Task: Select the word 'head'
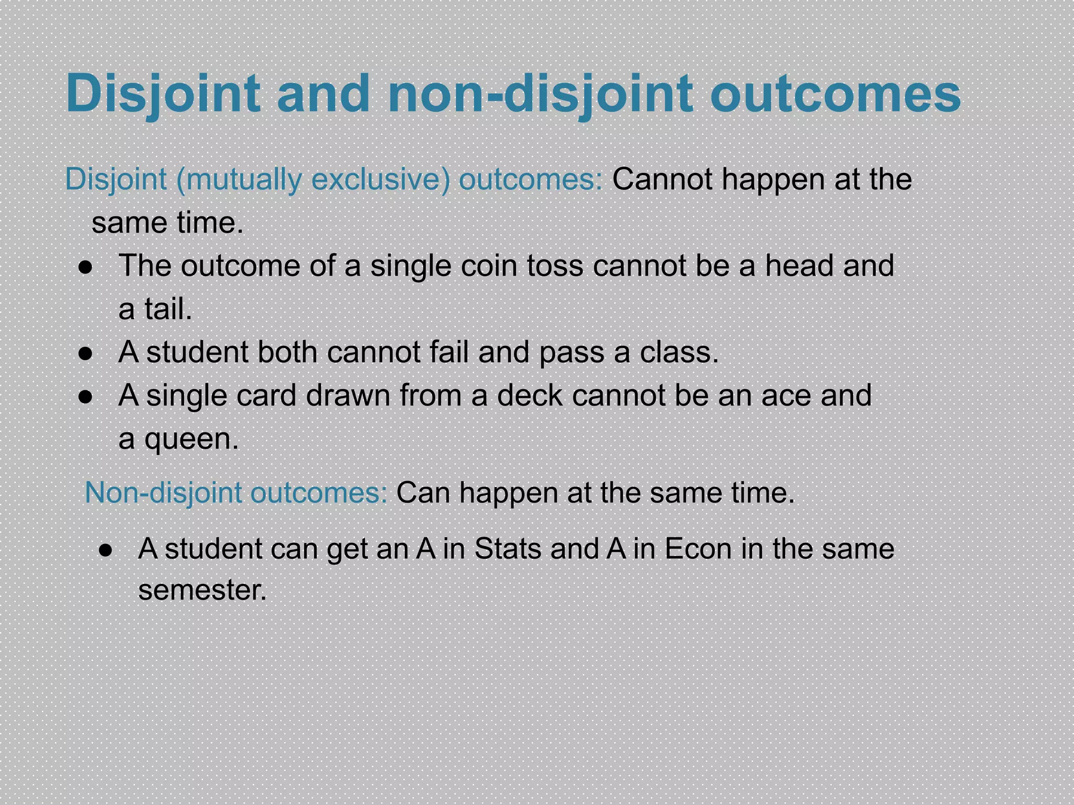799,266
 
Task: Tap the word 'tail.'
168,309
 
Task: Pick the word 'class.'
679,352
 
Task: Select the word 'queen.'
191,439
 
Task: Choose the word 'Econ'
698,549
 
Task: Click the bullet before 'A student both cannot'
85,354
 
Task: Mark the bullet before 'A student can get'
106,550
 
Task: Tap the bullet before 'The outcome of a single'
85,268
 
